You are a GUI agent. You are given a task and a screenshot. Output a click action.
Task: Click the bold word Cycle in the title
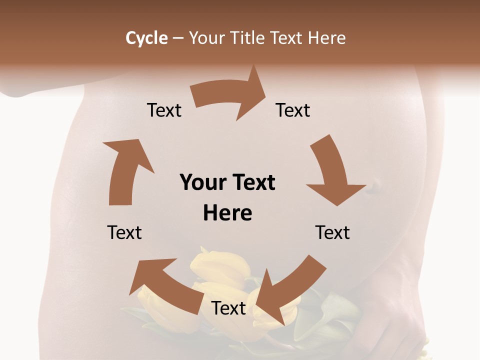(x=146, y=38)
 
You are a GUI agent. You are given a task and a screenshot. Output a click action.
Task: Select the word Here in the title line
(x=327, y=38)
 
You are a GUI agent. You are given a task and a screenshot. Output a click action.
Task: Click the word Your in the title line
(x=206, y=38)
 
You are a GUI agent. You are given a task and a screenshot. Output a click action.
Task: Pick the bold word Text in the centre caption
(x=252, y=182)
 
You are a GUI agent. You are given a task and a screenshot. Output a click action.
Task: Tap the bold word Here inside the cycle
(x=227, y=213)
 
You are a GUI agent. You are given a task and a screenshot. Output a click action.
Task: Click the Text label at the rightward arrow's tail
(x=164, y=110)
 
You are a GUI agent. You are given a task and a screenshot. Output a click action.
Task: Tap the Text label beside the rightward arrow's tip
(x=293, y=110)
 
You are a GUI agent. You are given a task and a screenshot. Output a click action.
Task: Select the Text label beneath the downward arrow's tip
(x=332, y=232)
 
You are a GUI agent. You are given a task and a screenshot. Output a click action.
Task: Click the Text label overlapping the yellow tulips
(x=228, y=308)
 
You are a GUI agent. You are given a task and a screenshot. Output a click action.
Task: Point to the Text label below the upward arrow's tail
(x=124, y=232)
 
